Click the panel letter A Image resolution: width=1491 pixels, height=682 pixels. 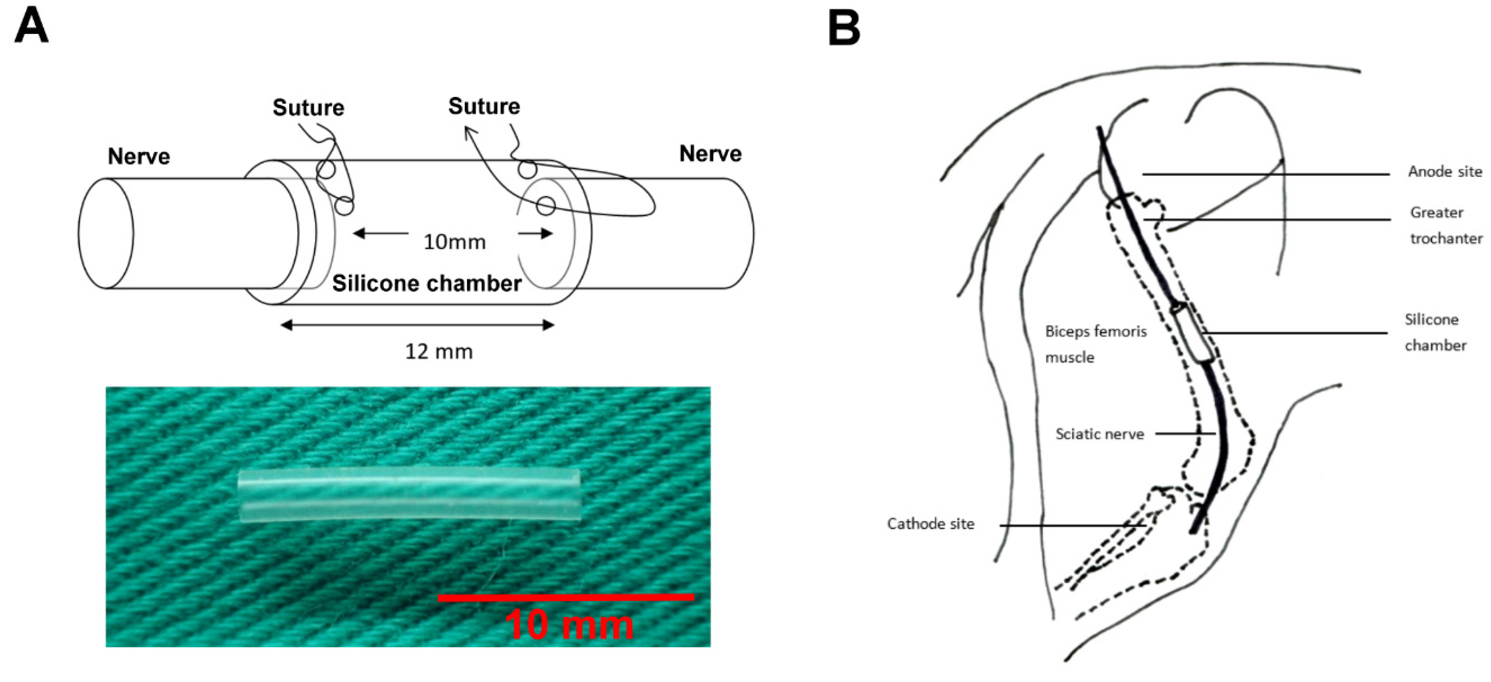(x=31, y=28)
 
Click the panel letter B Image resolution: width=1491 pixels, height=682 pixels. (x=844, y=29)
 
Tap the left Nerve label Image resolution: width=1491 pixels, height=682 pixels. (x=139, y=156)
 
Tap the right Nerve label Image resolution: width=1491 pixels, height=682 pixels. (x=710, y=154)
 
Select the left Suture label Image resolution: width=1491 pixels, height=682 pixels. (x=309, y=108)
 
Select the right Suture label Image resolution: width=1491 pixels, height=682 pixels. (x=484, y=106)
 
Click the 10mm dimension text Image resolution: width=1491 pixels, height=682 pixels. (x=454, y=242)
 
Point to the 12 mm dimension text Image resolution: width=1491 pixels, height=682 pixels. (x=439, y=351)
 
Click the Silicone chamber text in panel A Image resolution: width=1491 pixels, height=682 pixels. (x=427, y=283)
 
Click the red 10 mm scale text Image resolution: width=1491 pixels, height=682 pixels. (x=569, y=625)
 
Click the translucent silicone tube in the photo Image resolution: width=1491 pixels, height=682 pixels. (x=409, y=495)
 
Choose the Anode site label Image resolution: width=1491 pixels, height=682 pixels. (x=1445, y=171)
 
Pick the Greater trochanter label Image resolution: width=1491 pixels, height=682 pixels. (x=1445, y=226)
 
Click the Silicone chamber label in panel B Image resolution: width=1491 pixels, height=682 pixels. (x=1435, y=333)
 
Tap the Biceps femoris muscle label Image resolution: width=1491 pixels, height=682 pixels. (x=1095, y=344)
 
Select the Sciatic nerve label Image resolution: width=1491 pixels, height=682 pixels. (x=1100, y=434)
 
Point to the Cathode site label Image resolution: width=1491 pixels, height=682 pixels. (x=931, y=524)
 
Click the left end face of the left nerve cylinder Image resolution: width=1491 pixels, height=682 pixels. (x=106, y=233)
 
